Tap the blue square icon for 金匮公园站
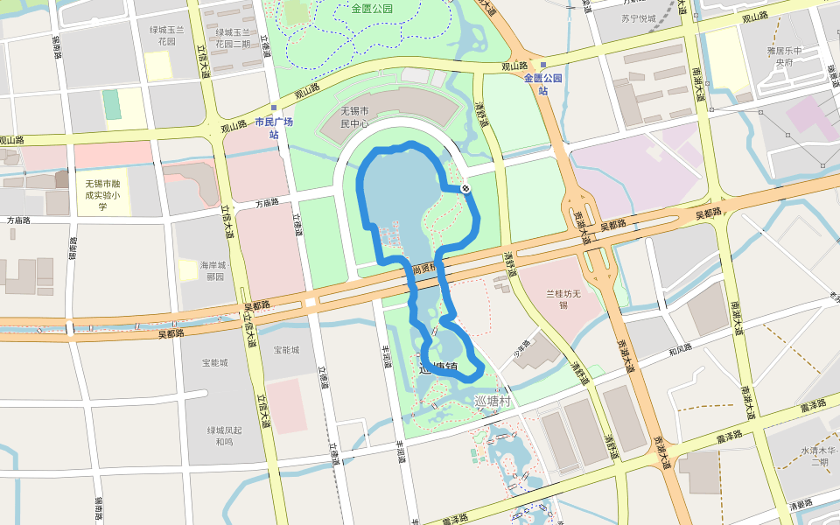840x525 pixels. (x=543, y=65)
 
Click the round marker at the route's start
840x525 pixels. (x=466, y=188)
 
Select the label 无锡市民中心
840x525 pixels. (x=357, y=118)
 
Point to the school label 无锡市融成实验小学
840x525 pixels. (x=102, y=195)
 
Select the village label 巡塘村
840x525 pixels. (x=492, y=400)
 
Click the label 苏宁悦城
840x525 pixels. (x=639, y=17)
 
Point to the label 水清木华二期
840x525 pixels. (x=820, y=456)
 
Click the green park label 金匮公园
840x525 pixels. (x=372, y=9)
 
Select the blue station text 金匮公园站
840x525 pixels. (x=542, y=83)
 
